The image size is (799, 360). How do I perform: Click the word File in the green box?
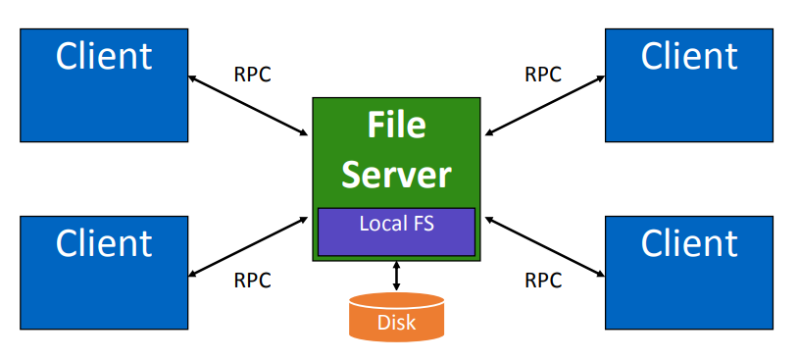(396, 125)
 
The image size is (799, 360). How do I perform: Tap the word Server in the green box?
(396, 174)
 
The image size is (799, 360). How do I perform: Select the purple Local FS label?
(396, 224)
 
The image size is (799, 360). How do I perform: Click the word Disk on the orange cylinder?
(396, 322)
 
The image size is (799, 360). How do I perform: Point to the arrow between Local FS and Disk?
(396, 276)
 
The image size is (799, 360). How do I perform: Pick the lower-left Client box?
(104, 272)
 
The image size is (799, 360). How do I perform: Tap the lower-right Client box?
(688, 272)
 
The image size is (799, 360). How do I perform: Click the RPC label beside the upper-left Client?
(252, 75)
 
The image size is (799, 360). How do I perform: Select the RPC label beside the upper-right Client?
(543, 75)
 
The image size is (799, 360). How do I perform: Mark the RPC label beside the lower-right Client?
(543, 281)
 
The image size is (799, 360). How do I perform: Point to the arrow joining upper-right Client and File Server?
(544, 105)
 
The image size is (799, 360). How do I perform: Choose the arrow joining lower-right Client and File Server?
(544, 245)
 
